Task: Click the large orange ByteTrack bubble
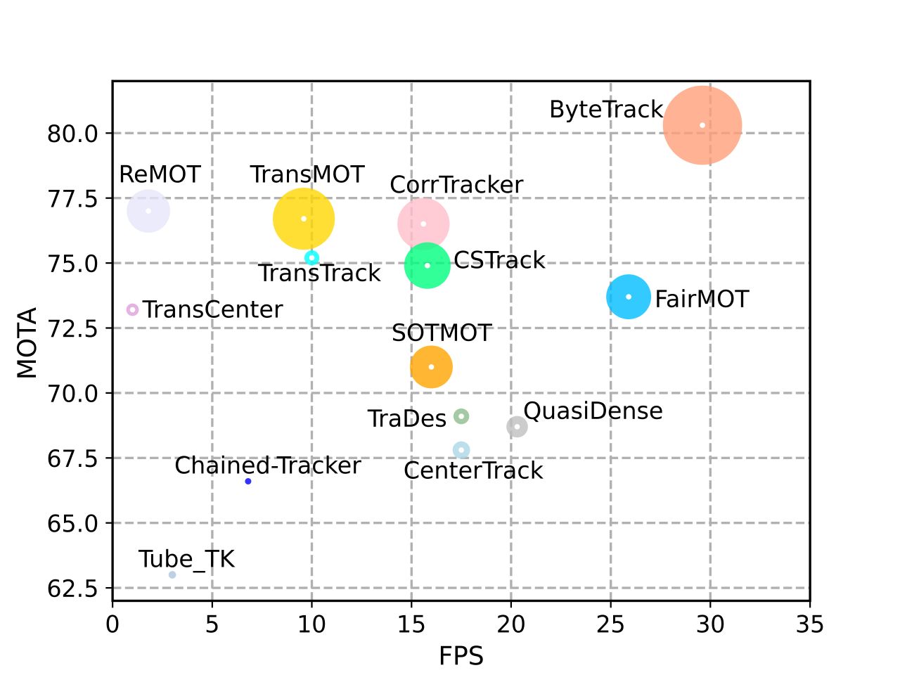pos(702,125)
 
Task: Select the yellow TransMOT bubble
pos(304,219)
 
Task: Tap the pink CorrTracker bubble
pos(423,224)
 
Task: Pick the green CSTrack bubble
pos(427,265)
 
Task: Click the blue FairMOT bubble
pos(629,297)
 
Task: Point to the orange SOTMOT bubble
pos(431,366)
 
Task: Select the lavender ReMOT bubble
pos(148,210)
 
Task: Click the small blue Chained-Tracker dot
pos(248,481)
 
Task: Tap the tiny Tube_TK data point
pos(172,574)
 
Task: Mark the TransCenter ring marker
pos(132,309)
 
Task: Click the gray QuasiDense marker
pos(517,426)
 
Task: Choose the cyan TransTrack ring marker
pos(312,258)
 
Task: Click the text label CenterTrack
pos(473,470)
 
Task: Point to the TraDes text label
pos(406,419)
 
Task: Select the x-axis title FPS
pos(461,656)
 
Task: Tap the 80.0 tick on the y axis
pos(73,133)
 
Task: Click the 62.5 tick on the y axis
pos(73,588)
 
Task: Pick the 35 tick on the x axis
pos(810,624)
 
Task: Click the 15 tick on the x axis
pos(411,624)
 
